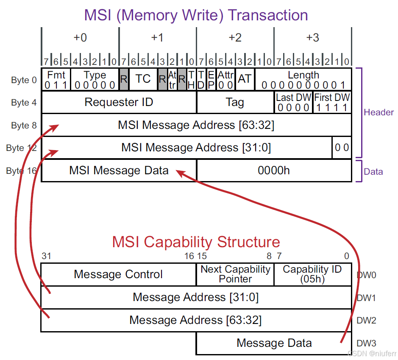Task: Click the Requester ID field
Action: click(119, 102)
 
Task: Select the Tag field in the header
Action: click(235, 102)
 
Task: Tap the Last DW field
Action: click(293, 102)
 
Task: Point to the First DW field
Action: click(332, 102)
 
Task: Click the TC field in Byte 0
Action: click(143, 79)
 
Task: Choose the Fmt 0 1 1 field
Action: click(56, 79)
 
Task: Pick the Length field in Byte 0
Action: click(303, 79)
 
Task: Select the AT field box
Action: click(245, 79)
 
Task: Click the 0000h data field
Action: click(274, 170)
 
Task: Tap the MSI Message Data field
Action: click(119, 170)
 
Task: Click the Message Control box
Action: click(119, 274)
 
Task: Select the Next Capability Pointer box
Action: click(235, 274)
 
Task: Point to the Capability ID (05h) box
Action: click(313, 274)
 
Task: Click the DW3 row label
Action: click(366, 343)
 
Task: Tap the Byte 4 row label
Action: click(24, 102)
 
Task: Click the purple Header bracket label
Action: click(379, 112)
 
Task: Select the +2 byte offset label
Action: click(235, 38)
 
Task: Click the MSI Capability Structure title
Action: click(196, 242)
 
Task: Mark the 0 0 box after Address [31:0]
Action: click(342, 148)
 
